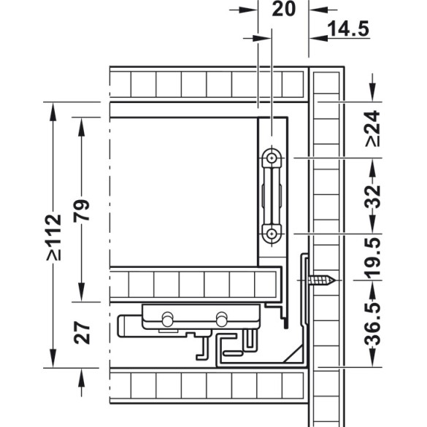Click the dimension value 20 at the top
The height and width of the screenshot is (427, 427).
click(283, 9)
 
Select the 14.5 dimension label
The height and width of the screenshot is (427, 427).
click(348, 28)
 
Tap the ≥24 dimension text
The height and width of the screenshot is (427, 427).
click(372, 128)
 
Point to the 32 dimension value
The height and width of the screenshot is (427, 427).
click(372, 196)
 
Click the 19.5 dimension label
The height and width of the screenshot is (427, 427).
click(372, 258)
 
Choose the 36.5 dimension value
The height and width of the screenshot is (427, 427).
click(372, 324)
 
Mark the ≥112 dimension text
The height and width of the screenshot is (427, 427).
click(53, 237)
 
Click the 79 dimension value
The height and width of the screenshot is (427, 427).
click(82, 210)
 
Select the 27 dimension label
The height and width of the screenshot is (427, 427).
click(82, 333)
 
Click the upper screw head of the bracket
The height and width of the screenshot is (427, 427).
click(272, 158)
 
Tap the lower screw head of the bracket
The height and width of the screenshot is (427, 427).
click(272, 234)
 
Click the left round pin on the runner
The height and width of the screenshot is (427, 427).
click(167, 319)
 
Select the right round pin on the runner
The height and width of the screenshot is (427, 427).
click(221, 319)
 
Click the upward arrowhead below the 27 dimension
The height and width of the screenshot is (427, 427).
click(81, 378)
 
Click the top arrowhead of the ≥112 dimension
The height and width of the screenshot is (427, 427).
click(53, 111)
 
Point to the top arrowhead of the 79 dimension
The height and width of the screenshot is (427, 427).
click(81, 126)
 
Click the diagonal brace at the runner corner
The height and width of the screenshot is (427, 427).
click(293, 353)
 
